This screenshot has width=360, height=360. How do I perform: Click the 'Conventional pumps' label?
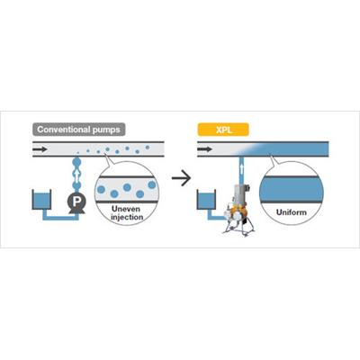(x=78, y=130)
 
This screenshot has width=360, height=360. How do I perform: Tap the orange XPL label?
(x=223, y=130)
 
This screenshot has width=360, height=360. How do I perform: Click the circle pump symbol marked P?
(x=76, y=201)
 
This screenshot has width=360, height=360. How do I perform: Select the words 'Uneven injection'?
(x=127, y=212)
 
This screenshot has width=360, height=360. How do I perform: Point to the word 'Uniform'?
(x=292, y=212)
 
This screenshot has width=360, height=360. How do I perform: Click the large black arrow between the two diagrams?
(x=181, y=178)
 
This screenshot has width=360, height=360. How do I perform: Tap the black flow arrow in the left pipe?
(x=40, y=149)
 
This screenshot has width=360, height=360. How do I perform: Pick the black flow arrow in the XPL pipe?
(x=205, y=149)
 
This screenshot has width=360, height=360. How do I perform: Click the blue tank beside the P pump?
(x=41, y=200)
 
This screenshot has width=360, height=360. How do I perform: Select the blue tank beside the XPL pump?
(x=206, y=200)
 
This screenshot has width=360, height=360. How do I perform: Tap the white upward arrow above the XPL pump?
(x=242, y=169)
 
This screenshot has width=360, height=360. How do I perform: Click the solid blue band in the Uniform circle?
(x=292, y=189)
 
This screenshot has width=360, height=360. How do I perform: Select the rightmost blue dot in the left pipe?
(x=148, y=147)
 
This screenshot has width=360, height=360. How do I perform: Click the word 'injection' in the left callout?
(x=127, y=217)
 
